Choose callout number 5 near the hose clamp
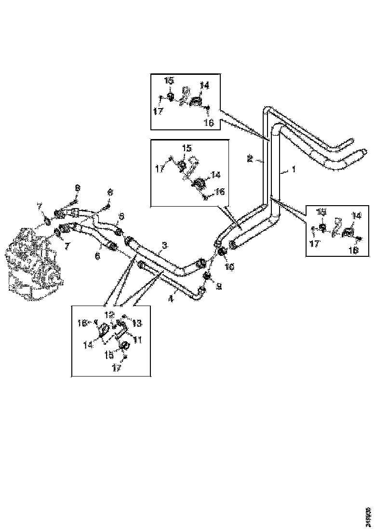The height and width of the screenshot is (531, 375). coord(121,216)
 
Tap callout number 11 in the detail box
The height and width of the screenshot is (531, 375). coord(137,340)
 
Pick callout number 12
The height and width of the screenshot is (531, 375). coord(111,314)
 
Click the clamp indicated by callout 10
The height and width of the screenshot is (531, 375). coord(224,252)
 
